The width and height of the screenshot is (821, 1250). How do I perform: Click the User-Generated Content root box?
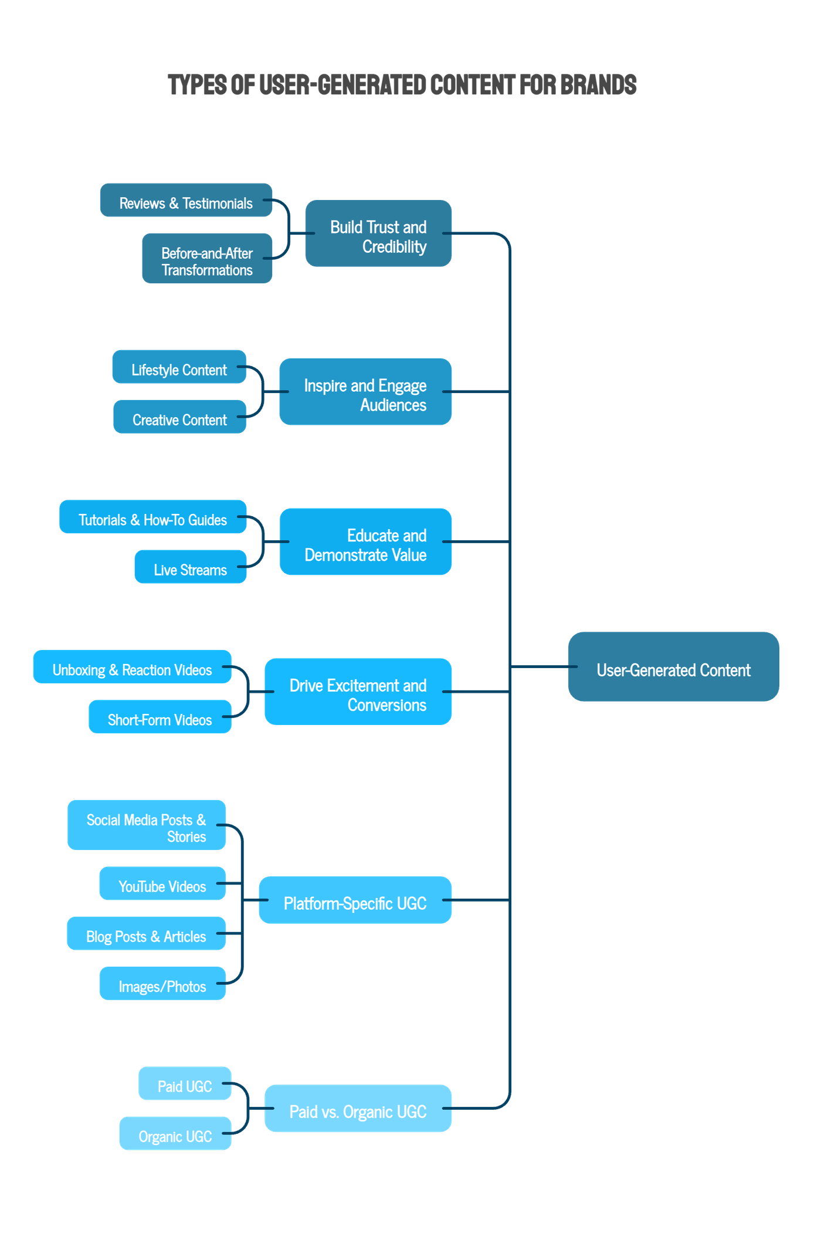(x=673, y=667)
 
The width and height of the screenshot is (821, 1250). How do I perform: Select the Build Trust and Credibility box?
(x=378, y=233)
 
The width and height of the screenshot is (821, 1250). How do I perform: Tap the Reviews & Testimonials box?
(x=186, y=201)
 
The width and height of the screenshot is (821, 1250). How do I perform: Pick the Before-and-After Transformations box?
(x=207, y=259)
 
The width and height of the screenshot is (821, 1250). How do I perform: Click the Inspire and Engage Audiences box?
(x=365, y=392)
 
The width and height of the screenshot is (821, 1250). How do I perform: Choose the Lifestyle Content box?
(x=179, y=367)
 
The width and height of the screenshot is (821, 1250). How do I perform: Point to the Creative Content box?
(x=179, y=417)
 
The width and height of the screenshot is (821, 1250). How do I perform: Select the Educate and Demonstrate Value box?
(x=365, y=542)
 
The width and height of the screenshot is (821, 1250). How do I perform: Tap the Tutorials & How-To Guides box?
(x=152, y=517)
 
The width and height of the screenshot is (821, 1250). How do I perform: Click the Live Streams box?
(x=190, y=567)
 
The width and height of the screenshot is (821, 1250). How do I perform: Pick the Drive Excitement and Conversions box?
(x=358, y=692)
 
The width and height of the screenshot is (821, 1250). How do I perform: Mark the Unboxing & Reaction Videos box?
(x=132, y=667)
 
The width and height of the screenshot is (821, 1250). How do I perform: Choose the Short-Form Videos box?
(x=160, y=717)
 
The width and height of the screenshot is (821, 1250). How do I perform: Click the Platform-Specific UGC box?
(x=355, y=900)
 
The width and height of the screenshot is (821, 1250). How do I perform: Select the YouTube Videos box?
(x=162, y=884)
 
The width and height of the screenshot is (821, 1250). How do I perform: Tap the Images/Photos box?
(x=162, y=984)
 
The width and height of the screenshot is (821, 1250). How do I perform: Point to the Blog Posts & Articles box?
(x=146, y=934)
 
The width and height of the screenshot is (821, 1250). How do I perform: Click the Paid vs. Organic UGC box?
(x=358, y=1109)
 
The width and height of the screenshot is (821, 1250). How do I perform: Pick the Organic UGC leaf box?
(x=175, y=1134)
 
